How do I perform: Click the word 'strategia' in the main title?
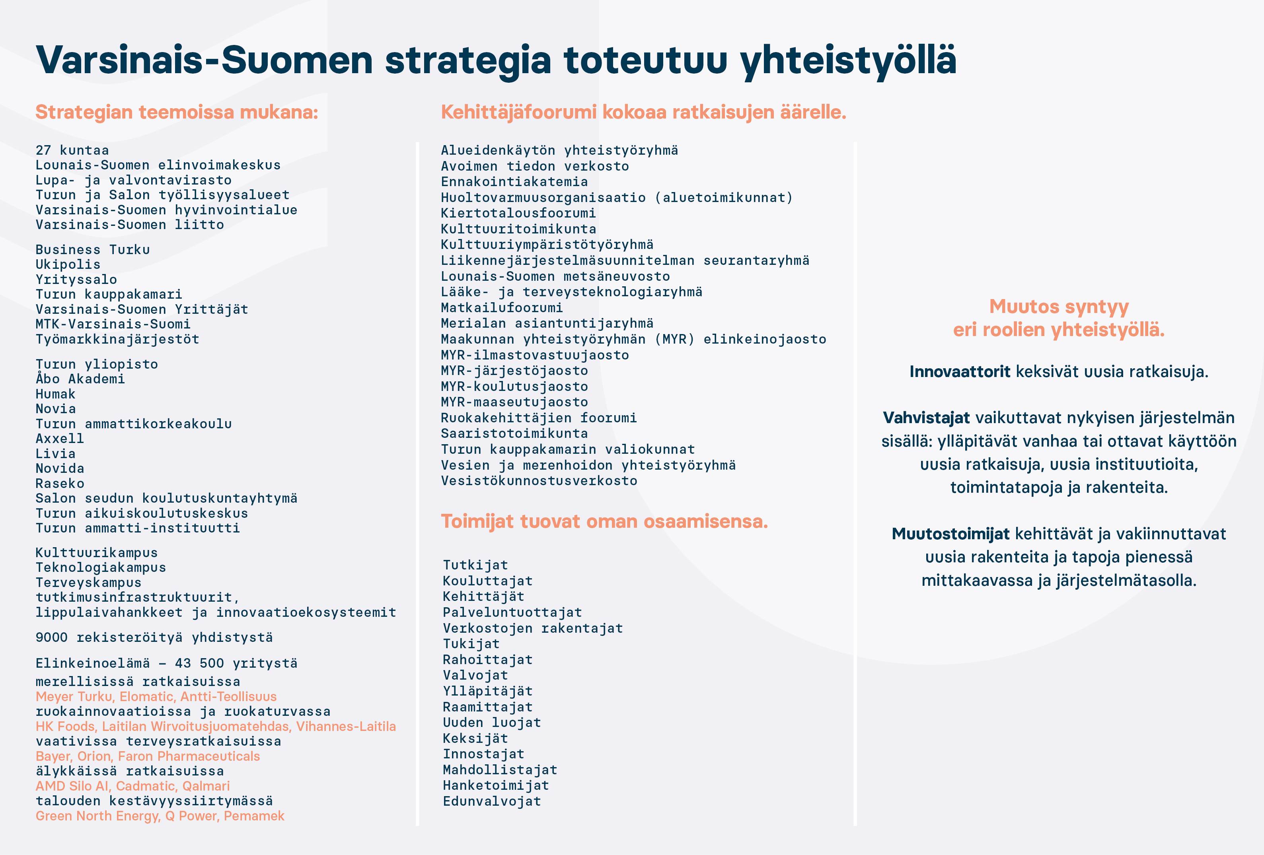[468, 60]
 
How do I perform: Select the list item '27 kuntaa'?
[72, 150]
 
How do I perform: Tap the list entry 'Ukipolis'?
[68, 265]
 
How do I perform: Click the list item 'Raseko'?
[60, 483]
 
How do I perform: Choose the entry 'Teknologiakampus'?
[101, 567]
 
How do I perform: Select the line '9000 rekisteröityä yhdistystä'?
[154, 637]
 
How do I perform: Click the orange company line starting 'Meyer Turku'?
[156, 696]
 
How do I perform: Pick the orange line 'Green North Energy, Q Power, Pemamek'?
[160, 816]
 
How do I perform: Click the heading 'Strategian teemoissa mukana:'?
[177, 112]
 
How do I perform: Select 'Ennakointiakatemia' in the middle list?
[514, 182]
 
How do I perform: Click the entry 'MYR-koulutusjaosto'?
[514, 387]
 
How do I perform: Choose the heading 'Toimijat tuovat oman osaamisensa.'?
[604, 521]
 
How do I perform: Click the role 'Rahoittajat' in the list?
[488, 660]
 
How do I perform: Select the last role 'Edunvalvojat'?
[492, 801]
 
